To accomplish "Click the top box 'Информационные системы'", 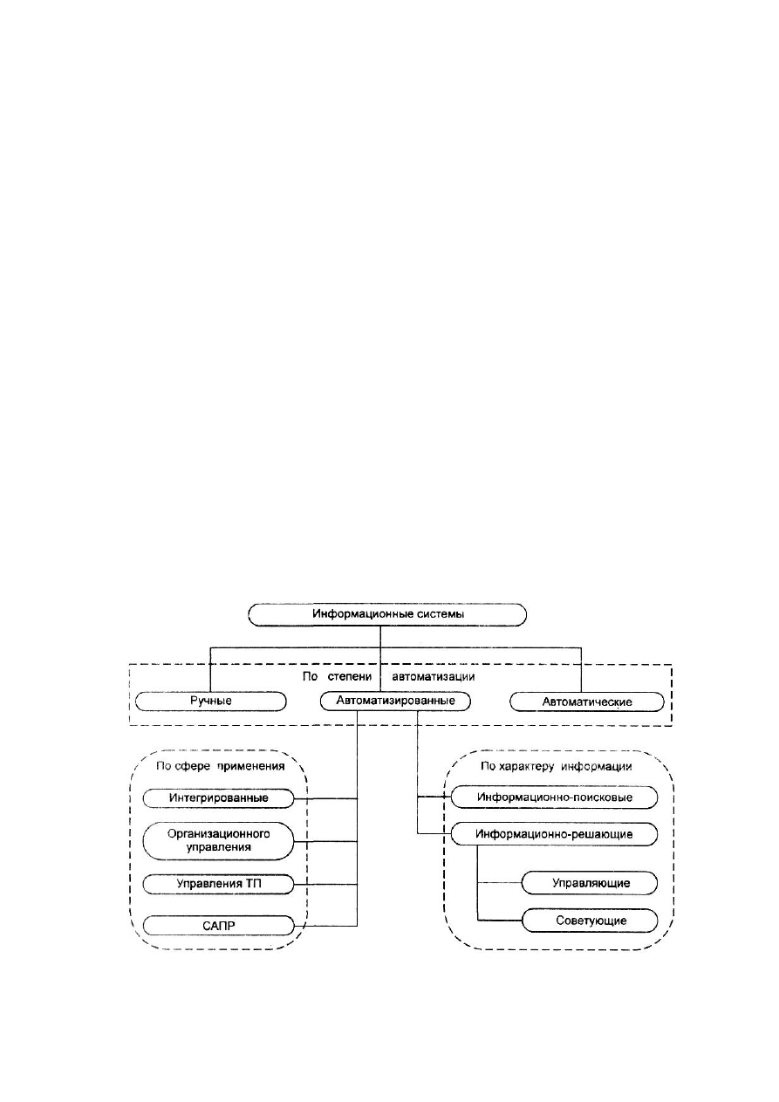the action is [x=387, y=614].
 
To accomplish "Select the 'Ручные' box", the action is [x=210, y=701].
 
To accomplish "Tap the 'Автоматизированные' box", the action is [x=395, y=701].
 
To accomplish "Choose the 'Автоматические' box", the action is [x=587, y=702].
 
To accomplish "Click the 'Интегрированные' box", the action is [x=218, y=798].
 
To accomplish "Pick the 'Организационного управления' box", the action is [x=218, y=841].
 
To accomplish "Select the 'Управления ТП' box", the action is [x=218, y=884].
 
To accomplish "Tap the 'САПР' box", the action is [x=218, y=926].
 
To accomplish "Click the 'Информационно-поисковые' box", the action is [x=554, y=797].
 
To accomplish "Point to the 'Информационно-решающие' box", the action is [x=554, y=834].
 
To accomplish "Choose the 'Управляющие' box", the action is [x=590, y=883].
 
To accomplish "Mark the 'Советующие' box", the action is [x=590, y=921].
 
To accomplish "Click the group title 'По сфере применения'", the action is [x=221, y=766].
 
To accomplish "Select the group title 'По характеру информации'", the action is [x=557, y=766].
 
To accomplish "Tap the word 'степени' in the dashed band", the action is [x=350, y=677].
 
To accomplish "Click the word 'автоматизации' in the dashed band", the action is [x=434, y=676].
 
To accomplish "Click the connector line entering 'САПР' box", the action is [x=325, y=926].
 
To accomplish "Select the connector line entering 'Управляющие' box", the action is [x=499, y=883].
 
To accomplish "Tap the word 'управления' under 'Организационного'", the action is [x=219, y=847].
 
